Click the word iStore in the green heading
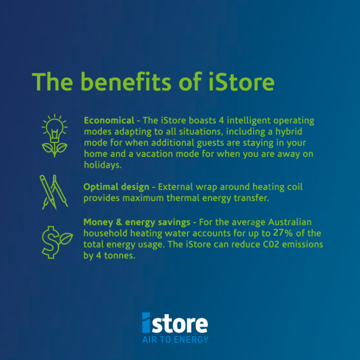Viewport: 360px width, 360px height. (x=241, y=82)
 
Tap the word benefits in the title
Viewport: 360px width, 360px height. (x=126, y=82)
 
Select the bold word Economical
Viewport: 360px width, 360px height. (x=109, y=120)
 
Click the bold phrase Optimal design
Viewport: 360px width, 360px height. (x=116, y=187)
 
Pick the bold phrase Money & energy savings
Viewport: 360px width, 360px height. (x=137, y=222)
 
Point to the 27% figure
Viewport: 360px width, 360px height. (x=283, y=233)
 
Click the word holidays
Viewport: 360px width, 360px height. (x=103, y=165)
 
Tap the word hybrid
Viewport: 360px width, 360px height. (x=289, y=132)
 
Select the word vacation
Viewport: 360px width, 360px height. (x=154, y=154)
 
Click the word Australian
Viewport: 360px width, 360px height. (x=290, y=222)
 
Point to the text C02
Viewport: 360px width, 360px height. (x=271, y=244)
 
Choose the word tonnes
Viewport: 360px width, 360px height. (x=120, y=255)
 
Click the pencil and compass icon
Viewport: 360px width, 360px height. (x=54, y=192)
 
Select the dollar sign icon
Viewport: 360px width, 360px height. (x=51, y=242)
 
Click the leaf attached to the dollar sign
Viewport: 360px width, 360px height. (x=66, y=238)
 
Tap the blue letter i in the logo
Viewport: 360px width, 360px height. (x=146, y=322)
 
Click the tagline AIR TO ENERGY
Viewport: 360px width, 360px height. (x=175, y=339)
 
